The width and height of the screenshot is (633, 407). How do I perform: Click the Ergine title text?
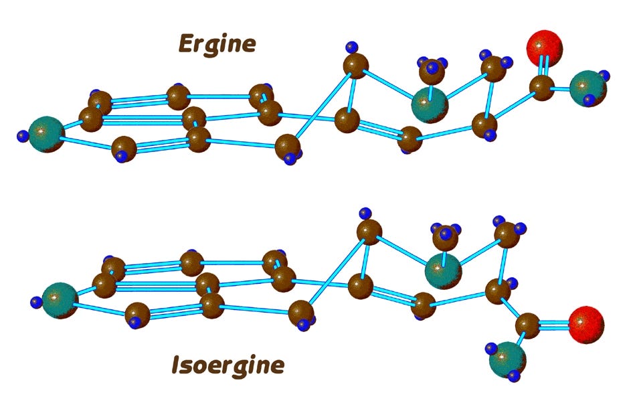point(217,45)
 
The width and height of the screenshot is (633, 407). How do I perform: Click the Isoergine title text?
point(228,365)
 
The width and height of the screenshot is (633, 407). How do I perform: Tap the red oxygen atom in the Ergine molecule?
point(544,48)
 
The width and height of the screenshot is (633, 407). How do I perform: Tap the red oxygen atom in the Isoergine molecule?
point(587,324)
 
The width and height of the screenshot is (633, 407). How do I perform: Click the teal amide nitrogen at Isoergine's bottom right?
point(507,360)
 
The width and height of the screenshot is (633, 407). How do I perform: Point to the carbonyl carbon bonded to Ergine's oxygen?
point(543,87)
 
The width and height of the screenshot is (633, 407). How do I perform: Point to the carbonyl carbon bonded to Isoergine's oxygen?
point(529,326)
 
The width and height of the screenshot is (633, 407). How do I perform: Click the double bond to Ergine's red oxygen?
point(543,69)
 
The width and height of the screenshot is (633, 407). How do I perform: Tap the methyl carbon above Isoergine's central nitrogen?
point(445,236)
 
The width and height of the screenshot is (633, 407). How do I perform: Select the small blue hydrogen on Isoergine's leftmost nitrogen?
point(35,302)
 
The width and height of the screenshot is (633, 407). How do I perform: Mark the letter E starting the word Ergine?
point(187,44)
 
